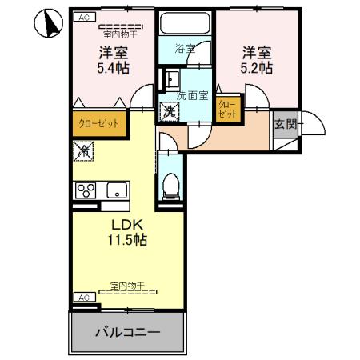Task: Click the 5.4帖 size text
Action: click(115, 70)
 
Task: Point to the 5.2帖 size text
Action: click(258, 69)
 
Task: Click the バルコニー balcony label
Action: click(129, 331)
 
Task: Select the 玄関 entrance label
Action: click(284, 124)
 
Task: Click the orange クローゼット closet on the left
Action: click(98, 124)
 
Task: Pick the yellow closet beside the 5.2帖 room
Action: click(226, 110)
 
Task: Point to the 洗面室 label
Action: click(192, 94)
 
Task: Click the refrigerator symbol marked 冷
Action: click(84, 149)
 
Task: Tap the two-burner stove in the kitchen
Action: click(86, 190)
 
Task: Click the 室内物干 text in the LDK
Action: click(127, 286)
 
